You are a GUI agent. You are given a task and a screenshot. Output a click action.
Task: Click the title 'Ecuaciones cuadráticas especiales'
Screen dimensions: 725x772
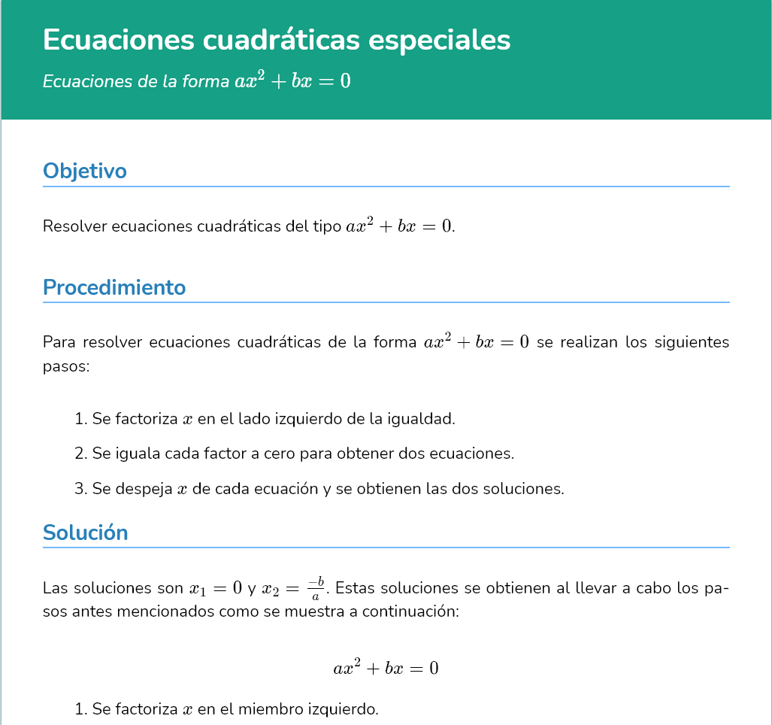277,40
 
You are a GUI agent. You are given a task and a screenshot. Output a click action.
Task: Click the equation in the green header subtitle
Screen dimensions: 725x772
293,80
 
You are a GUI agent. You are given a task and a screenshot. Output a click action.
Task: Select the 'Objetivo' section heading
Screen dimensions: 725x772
85,171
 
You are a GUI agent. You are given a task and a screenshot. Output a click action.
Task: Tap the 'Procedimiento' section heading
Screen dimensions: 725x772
114,287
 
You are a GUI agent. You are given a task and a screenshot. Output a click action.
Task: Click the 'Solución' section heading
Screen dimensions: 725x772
86,532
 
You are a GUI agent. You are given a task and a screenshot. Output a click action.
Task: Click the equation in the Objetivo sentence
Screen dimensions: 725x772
399,226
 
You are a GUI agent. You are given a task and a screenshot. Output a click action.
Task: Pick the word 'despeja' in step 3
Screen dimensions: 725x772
144,489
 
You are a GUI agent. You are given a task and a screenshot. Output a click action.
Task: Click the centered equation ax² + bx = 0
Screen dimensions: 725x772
386,667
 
